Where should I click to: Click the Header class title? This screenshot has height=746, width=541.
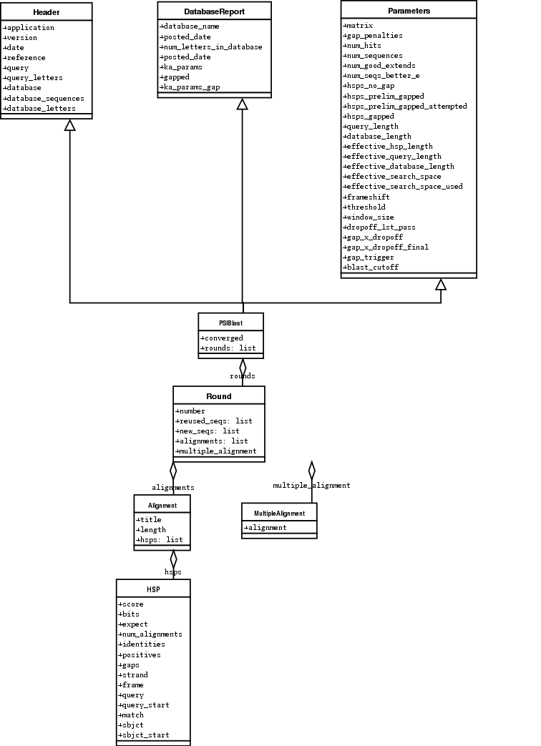(x=47, y=12)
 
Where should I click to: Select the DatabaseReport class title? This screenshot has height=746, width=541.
(x=214, y=11)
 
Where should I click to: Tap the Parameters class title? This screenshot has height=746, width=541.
(x=409, y=11)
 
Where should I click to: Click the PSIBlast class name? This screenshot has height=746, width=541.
(x=230, y=323)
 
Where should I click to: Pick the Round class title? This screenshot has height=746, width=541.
(x=218, y=396)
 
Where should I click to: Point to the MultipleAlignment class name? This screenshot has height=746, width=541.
(x=279, y=513)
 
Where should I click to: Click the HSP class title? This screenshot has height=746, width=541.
(x=153, y=589)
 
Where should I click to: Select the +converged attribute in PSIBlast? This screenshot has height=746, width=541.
(x=222, y=338)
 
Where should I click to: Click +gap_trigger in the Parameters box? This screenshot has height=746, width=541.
(x=369, y=257)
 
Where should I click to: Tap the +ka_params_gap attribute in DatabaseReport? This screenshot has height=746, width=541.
(x=190, y=87)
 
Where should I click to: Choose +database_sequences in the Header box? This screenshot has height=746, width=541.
(x=44, y=98)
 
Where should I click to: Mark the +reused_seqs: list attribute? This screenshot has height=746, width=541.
(x=214, y=421)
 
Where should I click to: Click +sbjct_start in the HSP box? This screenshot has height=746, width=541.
(x=144, y=735)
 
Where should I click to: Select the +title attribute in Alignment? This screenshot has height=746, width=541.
(x=149, y=520)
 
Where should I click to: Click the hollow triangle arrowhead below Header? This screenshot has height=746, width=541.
(x=69, y=125)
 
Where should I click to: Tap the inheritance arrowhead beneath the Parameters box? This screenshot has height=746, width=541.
(x=441, y=285)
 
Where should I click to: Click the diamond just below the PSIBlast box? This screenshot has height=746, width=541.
(x=243, y=367)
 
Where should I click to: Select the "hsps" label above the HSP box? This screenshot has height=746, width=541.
(x=173, y=572)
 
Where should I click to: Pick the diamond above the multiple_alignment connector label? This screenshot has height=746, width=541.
(x=311, y=470)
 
